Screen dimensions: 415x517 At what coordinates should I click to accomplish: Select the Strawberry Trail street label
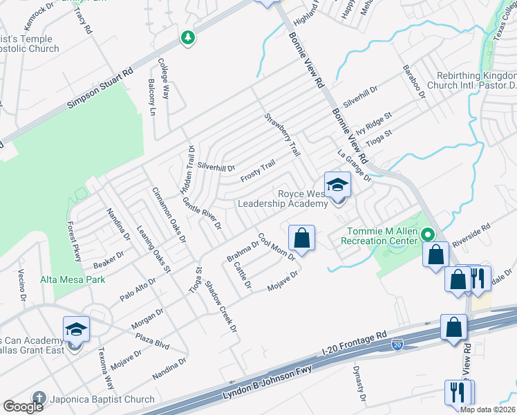283,134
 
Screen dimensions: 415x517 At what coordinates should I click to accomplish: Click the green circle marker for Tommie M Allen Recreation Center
428,235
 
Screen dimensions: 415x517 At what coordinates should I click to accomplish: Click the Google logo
23,407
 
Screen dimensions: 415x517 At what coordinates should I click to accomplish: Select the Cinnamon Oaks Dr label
169,214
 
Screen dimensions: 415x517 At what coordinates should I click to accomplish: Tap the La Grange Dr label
355,167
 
